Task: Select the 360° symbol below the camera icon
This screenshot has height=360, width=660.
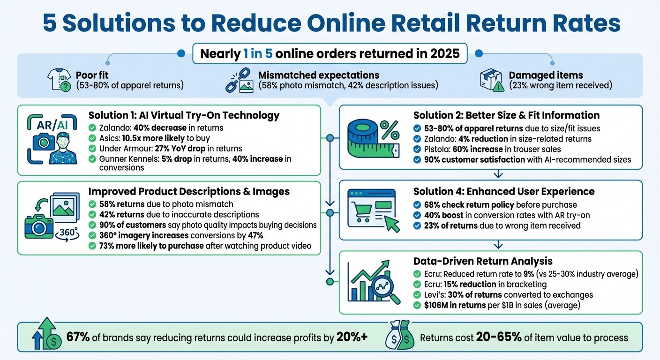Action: (x=66, y=233)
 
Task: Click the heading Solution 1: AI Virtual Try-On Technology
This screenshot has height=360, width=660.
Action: (x=184, y=115)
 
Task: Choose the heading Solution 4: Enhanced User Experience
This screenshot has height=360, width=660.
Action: (x=504, y=191)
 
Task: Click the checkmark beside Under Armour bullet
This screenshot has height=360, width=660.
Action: (x=92, y=148)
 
